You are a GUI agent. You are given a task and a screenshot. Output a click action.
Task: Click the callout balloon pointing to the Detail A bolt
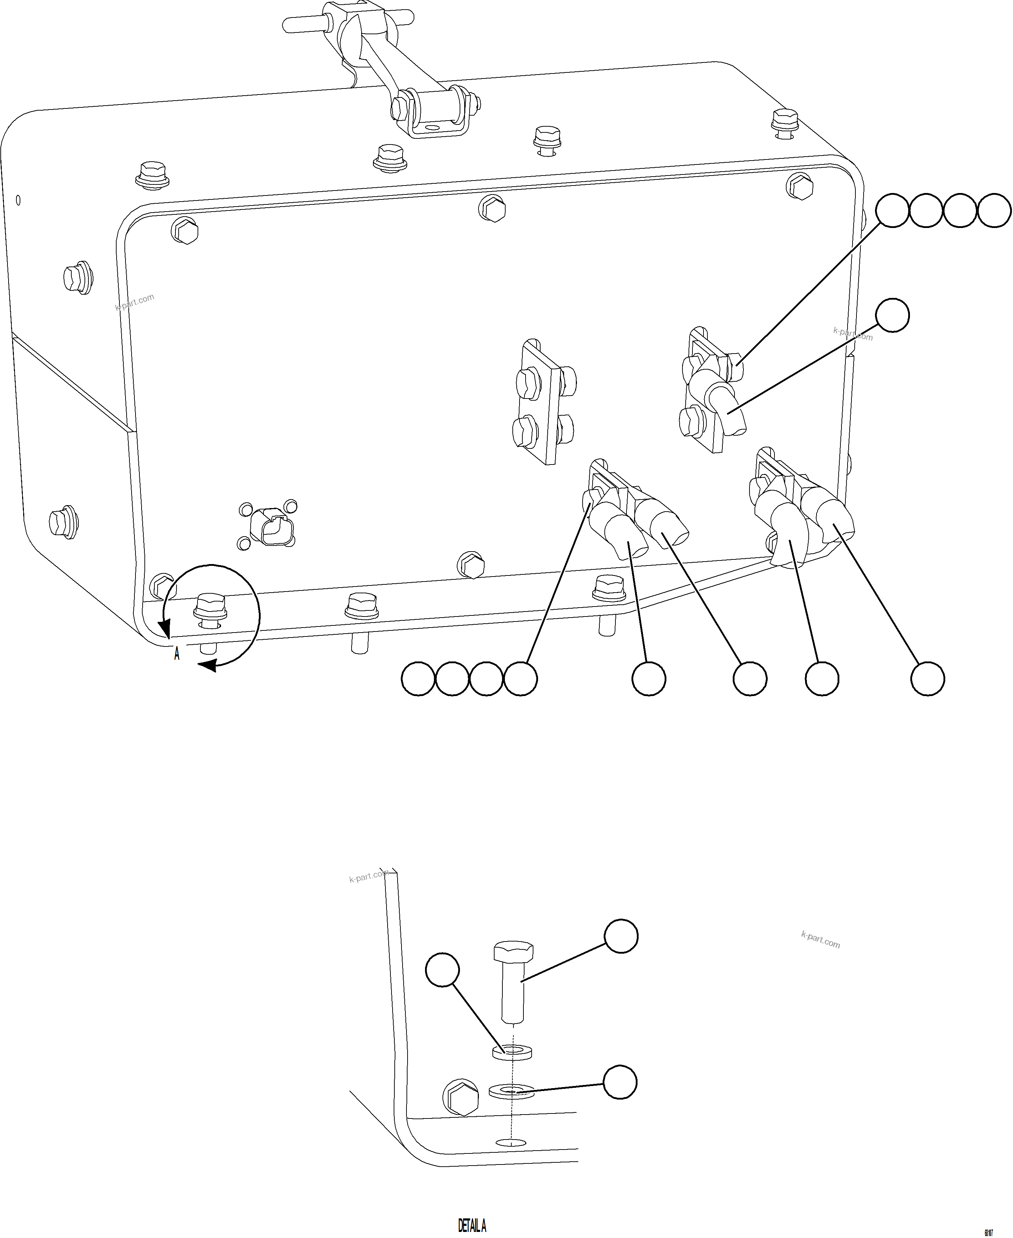tap(621, 936)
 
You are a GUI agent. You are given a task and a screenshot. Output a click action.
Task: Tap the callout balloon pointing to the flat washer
tap(620, 1082)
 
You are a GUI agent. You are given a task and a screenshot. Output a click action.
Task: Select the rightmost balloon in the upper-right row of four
tap(994, 211)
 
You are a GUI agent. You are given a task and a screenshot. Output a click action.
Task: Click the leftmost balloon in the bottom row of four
tap(418, 679)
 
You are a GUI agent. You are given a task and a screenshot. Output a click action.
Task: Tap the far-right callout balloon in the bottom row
tap(928, 679)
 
